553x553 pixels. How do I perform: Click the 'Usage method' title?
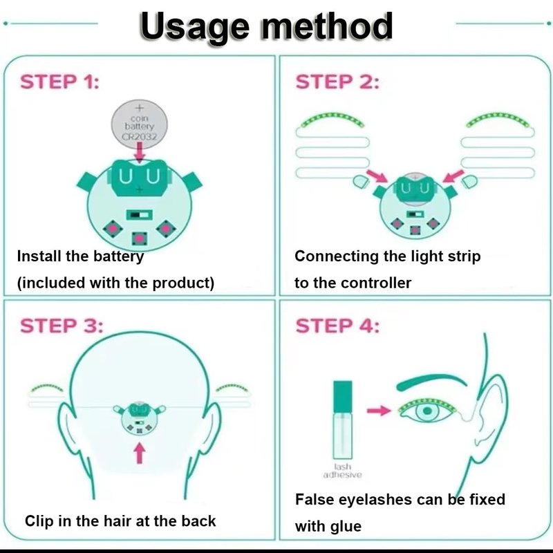click(x=266, y=27)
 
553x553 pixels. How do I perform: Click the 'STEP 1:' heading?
click(x=60, y=82)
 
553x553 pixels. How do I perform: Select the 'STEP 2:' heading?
click(x=337, y=82)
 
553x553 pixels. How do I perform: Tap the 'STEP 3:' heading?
click(x=62, y=326)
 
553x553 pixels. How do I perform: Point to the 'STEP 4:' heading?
click(x=337, y=326)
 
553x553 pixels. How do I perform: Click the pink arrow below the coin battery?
click(x=140, y=152)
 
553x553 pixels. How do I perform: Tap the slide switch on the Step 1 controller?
click(x=140, y=214)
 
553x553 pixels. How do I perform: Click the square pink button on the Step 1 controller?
click(x=140, y=238)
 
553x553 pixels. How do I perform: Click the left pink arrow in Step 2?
click(x=377, y=176)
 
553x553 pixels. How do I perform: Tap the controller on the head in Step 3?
click(x=140, y=418)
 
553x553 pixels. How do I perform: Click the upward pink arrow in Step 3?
click(x=140, y=453)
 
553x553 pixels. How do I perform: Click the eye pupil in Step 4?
click(x=427, y=411)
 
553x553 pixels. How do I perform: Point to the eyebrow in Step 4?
click(x=431, y=382)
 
